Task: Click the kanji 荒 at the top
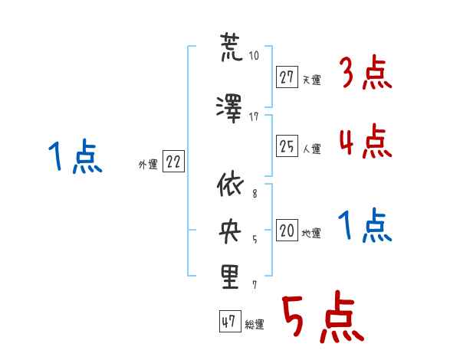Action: [231, 47]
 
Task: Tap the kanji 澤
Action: [229, 109]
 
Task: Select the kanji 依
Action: [230, 184]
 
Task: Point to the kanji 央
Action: [230, 231]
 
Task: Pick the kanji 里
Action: [230, 277]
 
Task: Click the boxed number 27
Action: [287, 77]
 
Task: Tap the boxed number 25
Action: [287, 146]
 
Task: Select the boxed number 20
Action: [287, 230]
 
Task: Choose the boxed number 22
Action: [173, 162]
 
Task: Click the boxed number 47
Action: [230, 321]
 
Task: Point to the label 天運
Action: [312, 80]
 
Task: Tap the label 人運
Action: [312, 149]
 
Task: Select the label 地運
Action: [311, 233]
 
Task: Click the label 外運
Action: [148, 165]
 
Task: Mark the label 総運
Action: [255, 325]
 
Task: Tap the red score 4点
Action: [366, 141]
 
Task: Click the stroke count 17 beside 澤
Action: [254, 117]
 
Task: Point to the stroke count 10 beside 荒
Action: [254, 56]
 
